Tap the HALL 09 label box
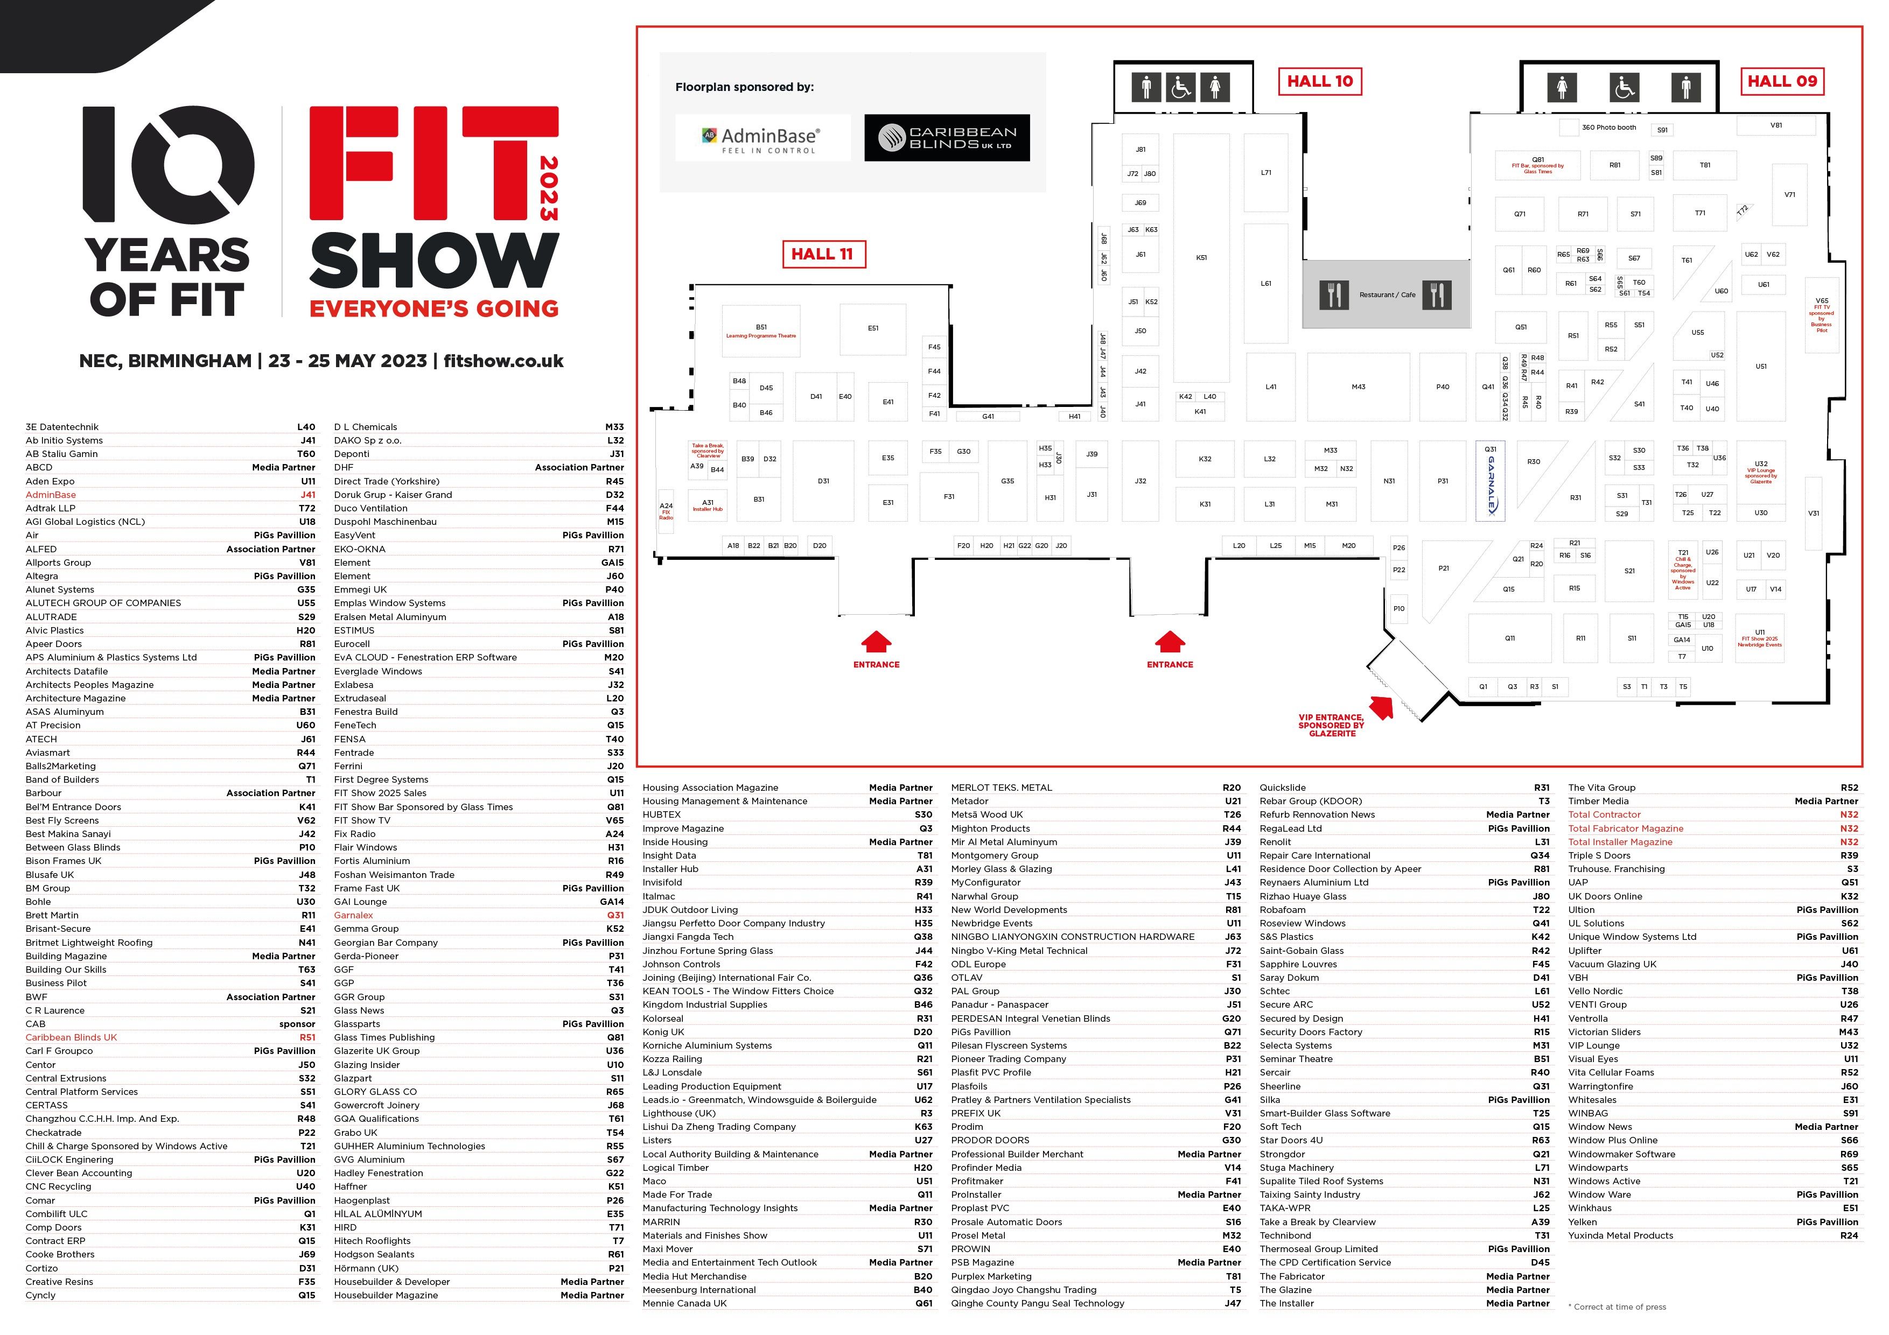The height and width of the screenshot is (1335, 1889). (1781, 81)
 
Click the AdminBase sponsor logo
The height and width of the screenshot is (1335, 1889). (762, 138)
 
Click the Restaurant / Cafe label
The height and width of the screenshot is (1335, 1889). (1387, 294)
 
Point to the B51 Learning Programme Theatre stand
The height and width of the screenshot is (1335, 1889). (761, 331)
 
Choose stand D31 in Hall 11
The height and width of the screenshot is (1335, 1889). (823, 481)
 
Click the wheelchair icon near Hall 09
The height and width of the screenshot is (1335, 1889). (1624, 87)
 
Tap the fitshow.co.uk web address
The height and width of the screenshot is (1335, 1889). (503, 361)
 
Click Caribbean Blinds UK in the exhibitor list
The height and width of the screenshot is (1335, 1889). (72, 1037)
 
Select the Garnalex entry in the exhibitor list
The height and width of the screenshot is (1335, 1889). (354, 915)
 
